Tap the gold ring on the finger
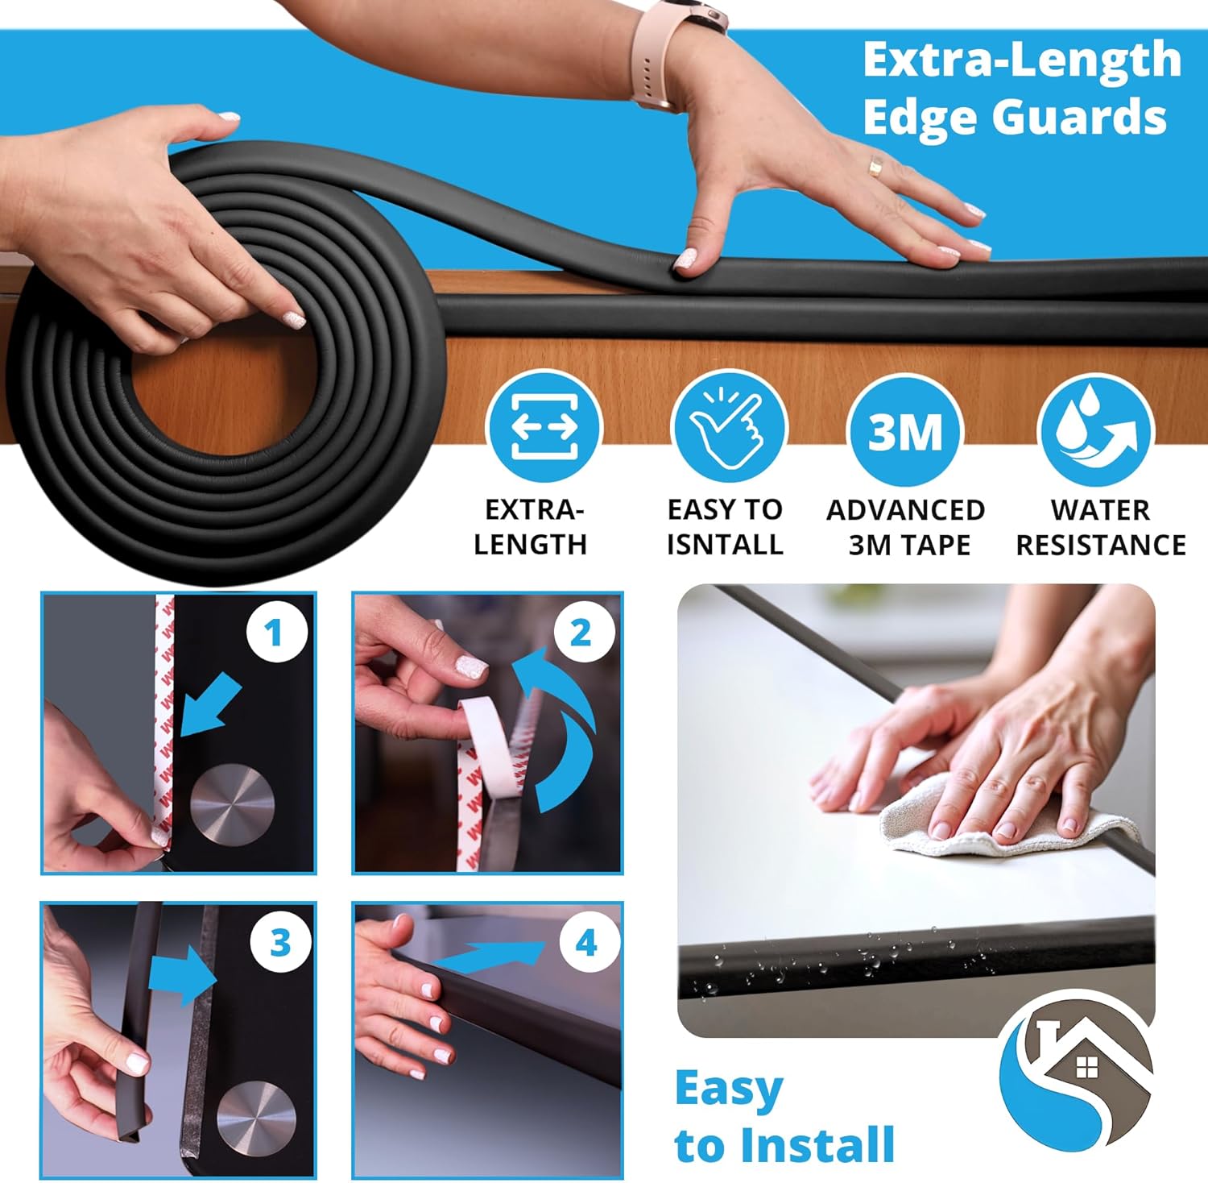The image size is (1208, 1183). point(875,167)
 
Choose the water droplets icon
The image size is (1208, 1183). point(1095,429)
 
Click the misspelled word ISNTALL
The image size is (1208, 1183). point(725,545)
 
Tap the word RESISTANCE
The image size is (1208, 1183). point(1100,546)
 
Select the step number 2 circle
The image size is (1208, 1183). point(581,633)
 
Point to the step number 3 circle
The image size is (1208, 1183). point(279,942)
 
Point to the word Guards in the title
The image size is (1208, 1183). point(1078,118)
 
